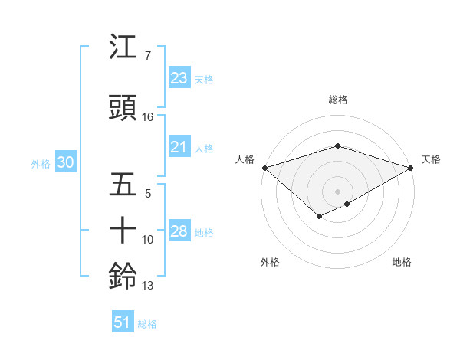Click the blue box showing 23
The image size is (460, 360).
click(x=179, y=78)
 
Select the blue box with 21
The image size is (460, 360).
click(x=179, y=147)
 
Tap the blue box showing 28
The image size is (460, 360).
click(x=179, y=231)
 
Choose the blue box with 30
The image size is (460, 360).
click(x=65, y=162)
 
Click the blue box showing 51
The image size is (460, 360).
click(x=122, y=322)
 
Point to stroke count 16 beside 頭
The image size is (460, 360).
click(x=148, y=117)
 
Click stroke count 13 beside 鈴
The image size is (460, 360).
click(x=148, y=286)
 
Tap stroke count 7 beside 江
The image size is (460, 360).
click(x=148, y=56)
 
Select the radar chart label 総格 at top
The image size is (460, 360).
click(x=337, y=100)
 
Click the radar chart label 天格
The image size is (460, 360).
click(x=431, y=159)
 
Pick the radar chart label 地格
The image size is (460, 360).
click(x=402, y=262)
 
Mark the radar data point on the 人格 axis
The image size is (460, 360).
click(x=264, y=167)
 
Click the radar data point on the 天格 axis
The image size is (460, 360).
click(x=411, y=167)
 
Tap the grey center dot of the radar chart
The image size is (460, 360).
click(x=337, y=191)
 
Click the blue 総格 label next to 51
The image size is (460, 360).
click(x=147, y=324)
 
